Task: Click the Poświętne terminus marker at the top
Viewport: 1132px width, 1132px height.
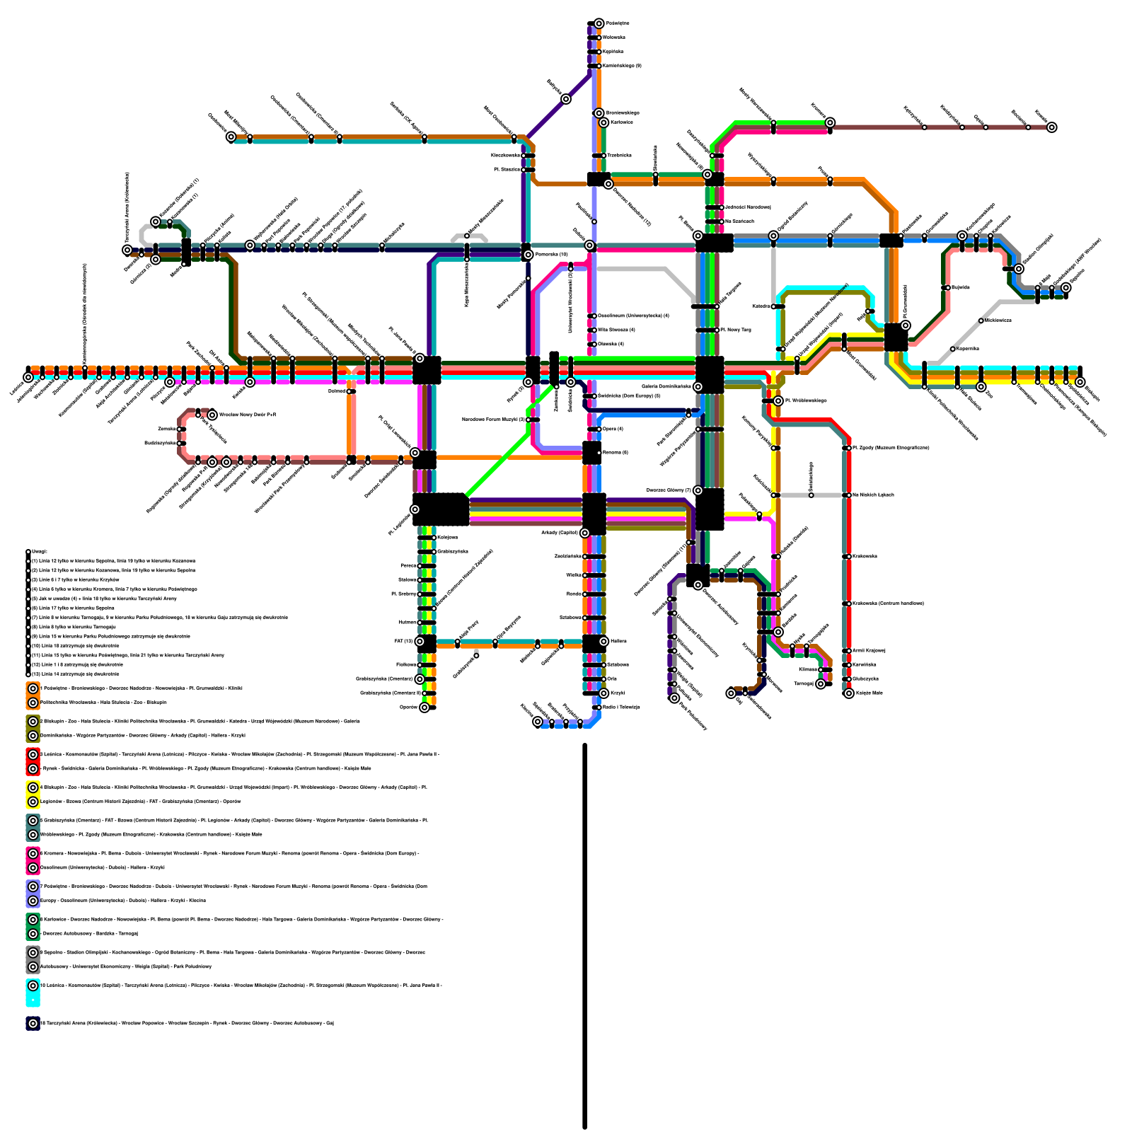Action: tap(599, 23)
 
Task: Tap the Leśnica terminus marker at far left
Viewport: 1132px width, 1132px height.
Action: tap(28, 378)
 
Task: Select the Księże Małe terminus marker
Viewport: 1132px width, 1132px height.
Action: tap(849, 693)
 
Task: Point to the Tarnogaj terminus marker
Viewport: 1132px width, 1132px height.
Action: tap(821, 684)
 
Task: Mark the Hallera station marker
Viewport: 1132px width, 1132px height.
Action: tap(604, 642)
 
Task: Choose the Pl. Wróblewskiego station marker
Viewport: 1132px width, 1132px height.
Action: tap(778, 401)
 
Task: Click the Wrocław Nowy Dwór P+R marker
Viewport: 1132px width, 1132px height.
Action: tap(212, 415)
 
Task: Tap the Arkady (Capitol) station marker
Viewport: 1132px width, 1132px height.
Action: tap(584, 533)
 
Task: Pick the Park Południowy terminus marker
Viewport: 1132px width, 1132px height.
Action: tap(674, 698)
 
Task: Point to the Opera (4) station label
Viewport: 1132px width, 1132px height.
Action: tap(610, 429)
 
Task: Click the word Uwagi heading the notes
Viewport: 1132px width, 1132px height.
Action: tap(40, 551)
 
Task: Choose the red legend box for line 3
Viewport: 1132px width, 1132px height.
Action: tap(33, 761)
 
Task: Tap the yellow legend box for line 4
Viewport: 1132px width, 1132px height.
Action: tap(33, 795)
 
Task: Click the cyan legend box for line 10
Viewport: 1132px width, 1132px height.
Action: tap(33, 992)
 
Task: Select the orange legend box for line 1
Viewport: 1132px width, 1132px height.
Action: tap(33, 695)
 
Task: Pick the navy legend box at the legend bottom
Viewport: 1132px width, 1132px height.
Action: tap(33, 1023)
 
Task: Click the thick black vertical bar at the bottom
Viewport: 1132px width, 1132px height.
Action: tap(585, 934)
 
